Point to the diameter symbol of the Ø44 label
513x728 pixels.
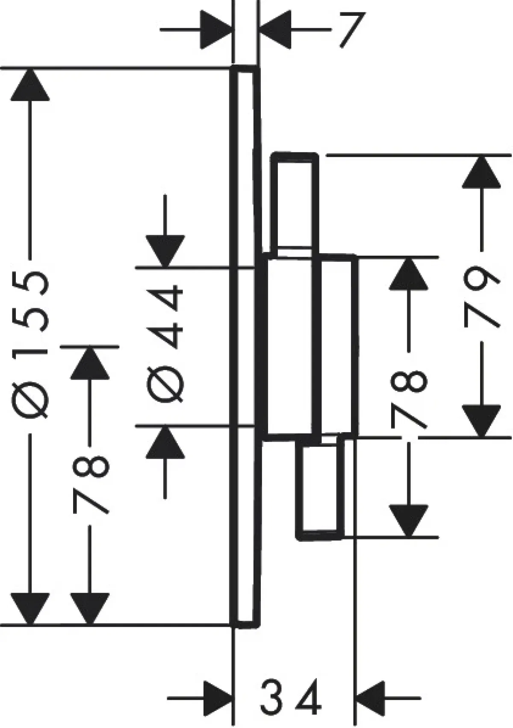(165, 384)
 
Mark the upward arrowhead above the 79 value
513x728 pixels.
(481, 172)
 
